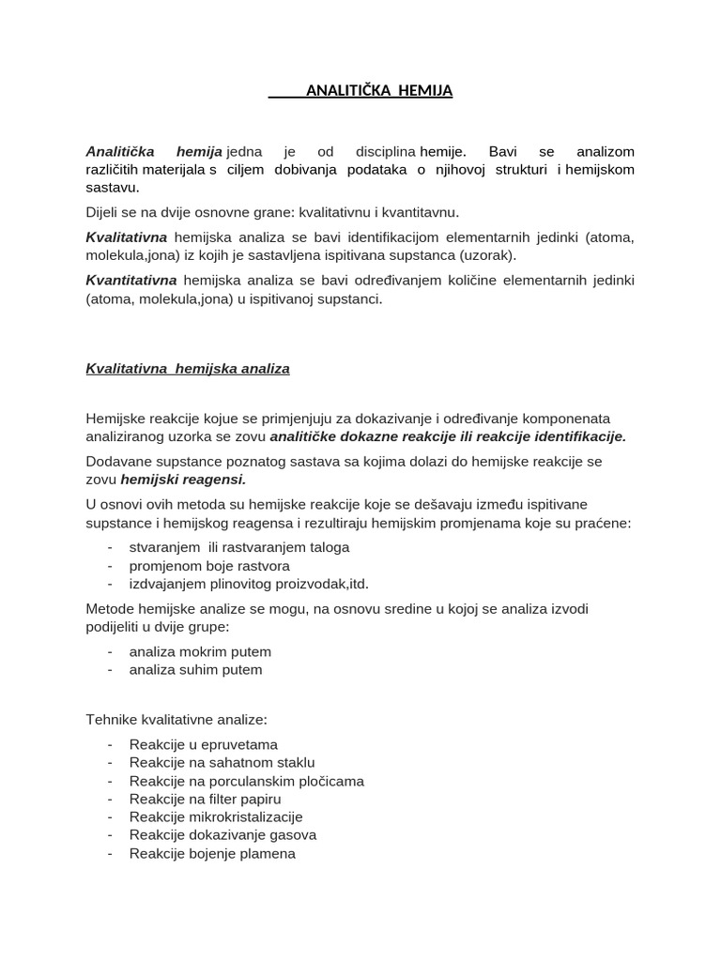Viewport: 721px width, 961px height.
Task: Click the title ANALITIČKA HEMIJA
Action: click(379, 91)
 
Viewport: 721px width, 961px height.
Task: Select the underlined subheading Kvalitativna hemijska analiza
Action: click(188, 369)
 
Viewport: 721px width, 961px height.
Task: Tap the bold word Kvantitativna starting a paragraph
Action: click(131, 281)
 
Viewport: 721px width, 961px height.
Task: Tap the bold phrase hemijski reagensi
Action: click(183, 480)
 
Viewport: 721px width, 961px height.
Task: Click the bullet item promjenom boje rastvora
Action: click(209, 566)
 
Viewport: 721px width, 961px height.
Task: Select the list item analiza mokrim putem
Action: click(200, 651)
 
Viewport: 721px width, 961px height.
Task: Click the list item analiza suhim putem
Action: click(195, 670)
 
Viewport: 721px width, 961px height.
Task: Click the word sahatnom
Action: click(243, 763)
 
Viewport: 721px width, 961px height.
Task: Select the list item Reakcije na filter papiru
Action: click(205, 799)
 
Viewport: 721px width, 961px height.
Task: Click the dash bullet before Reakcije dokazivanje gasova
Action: click(111, 835)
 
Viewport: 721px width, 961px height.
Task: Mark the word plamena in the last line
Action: click(270, 853)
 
